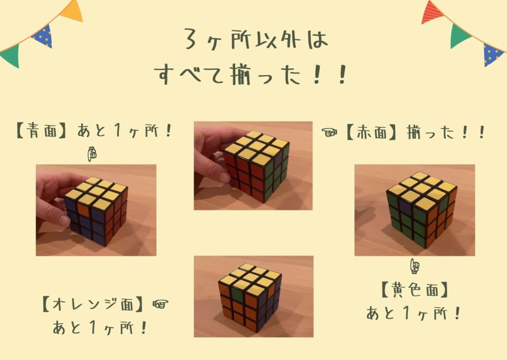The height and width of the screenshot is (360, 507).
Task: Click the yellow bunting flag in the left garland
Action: [72, 10]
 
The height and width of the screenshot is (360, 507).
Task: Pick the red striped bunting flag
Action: [433, 12]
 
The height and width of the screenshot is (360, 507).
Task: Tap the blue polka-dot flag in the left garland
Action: [43, 36]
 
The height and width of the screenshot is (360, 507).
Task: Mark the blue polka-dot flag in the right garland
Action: [492, 54]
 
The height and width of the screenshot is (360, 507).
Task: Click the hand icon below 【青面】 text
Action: [92, 154]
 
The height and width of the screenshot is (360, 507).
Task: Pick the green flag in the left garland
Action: [11, 55]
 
